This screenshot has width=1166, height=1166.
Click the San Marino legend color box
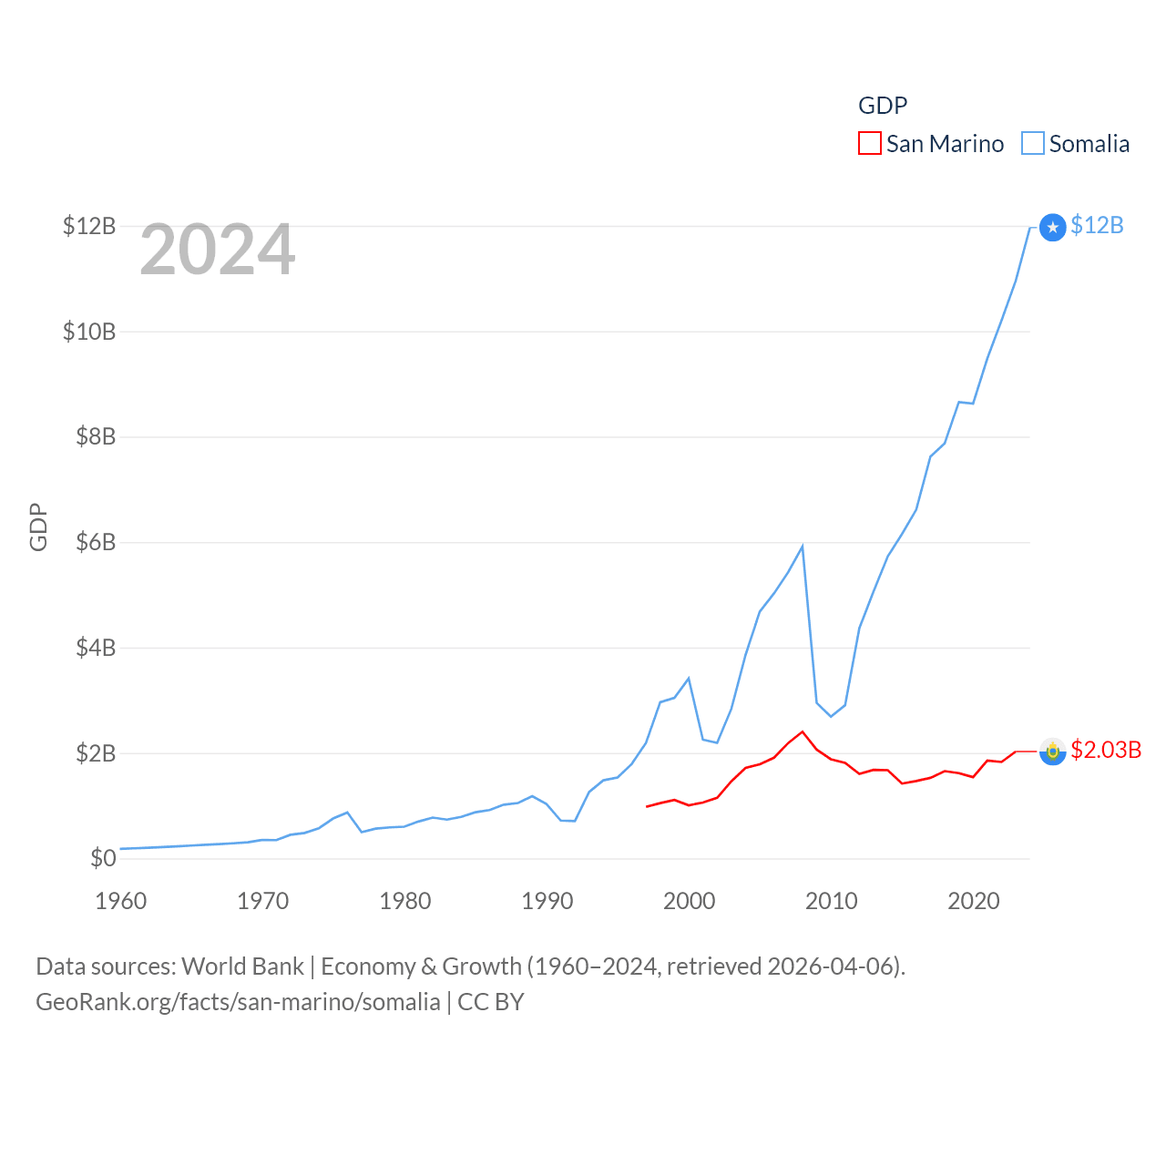click(870, 144)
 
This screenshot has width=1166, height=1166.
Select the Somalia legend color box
click(1032, 144)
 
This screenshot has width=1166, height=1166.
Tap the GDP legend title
click(883, 106)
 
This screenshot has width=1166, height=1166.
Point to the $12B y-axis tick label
click(89, 226)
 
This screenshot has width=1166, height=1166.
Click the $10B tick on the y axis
click(89, 332)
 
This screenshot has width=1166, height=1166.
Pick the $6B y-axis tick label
click(95, 543)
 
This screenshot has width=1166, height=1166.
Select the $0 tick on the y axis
click(103, 858)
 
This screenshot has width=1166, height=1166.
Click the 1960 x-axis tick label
click(120, 901)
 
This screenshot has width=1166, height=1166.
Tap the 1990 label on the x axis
click(547, 901)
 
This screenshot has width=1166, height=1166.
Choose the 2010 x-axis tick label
click(831, 901)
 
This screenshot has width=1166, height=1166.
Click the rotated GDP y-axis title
click(38, 527)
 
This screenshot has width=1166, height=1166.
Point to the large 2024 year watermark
click(217, 250)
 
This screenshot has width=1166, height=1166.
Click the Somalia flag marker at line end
click(1052, 227)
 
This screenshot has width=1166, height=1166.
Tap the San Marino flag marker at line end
click(1052, 752)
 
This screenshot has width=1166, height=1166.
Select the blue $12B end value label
click(1097, 225)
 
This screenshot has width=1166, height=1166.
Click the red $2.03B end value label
click(1106, 750)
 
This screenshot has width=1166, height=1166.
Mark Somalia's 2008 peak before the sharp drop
click(803, 546)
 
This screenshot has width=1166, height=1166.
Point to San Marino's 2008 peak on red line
click(803, 731)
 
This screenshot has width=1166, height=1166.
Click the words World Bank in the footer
click(242, 967)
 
